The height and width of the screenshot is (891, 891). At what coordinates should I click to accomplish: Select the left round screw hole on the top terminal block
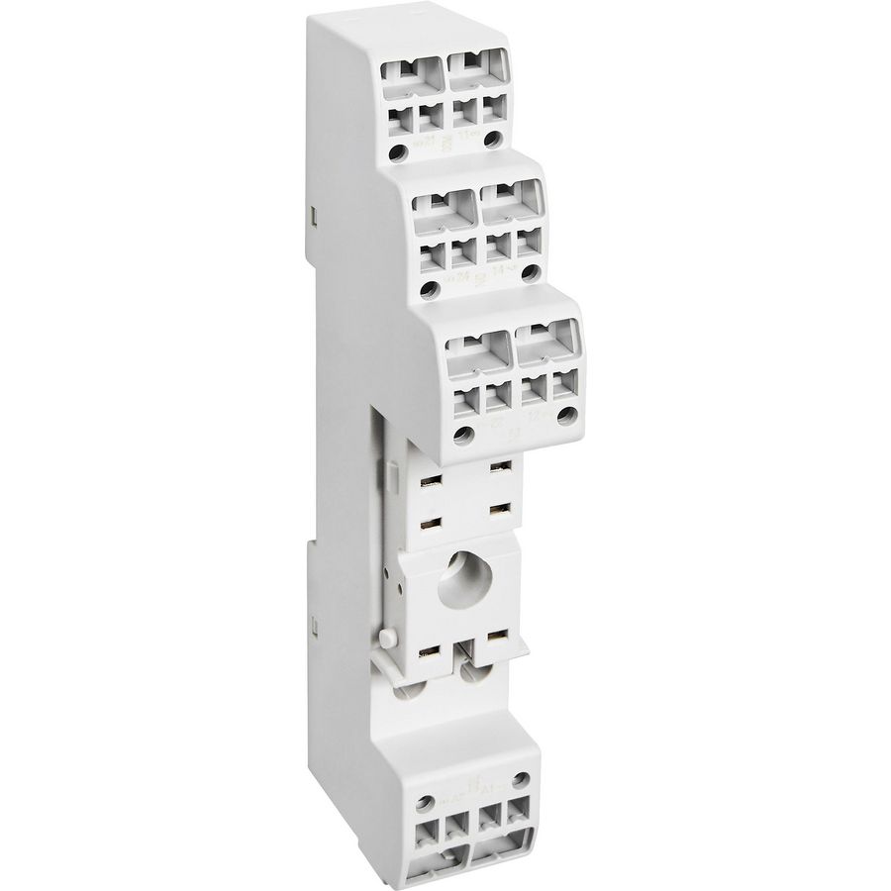[397, 152]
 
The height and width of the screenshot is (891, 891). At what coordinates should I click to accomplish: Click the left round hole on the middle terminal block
[429, 290]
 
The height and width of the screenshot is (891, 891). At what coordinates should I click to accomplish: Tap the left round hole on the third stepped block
[461, 433]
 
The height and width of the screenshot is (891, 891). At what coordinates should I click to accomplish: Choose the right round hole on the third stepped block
[565, 416]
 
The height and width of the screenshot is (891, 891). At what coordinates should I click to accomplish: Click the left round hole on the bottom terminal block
[425, 803]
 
